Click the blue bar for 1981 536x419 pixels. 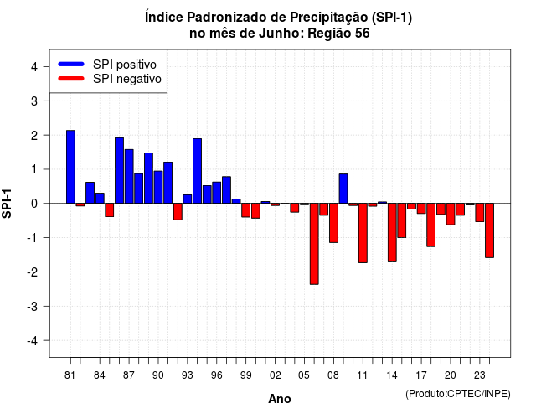pyautogui.click(x=70, y=167)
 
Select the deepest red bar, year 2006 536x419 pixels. pyautogui.click(x=314, y=244)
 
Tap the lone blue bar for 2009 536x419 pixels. pyautogui.click(x=343, y=189)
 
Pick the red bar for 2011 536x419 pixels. pyautogui.click(x=363, y=233)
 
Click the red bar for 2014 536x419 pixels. pyautogui.click(x=392, y=233)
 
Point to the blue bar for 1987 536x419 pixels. pyautogui.click(x=129, y=177)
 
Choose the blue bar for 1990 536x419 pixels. pyautogui.click(x=158, y=187)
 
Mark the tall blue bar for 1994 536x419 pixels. pyautogui.click(x=198, y=171)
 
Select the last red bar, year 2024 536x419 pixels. pyautogui.click(x=489, y=230)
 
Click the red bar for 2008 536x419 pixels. pyautogui.click(x=333, y=223)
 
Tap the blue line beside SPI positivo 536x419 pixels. pyautogui.click(x=71, y=64)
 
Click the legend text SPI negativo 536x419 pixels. pyautogui.click(x=127, y=79)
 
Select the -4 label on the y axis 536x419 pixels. pyautogui.click(x=33, y=341)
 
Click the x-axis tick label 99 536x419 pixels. pyautogui.click(x=245, y=375)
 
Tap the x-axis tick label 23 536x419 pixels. pyautogui.click(x=480, y=375)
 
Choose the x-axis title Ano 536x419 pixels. pyautogui.click(x=280, y=399)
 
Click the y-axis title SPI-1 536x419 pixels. pyautogui.click(x=7, y=204)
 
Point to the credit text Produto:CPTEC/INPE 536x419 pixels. pyautogui.click(x=458, y=394)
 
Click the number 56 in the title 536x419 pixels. pyautogui.click(x=363, y=34)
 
